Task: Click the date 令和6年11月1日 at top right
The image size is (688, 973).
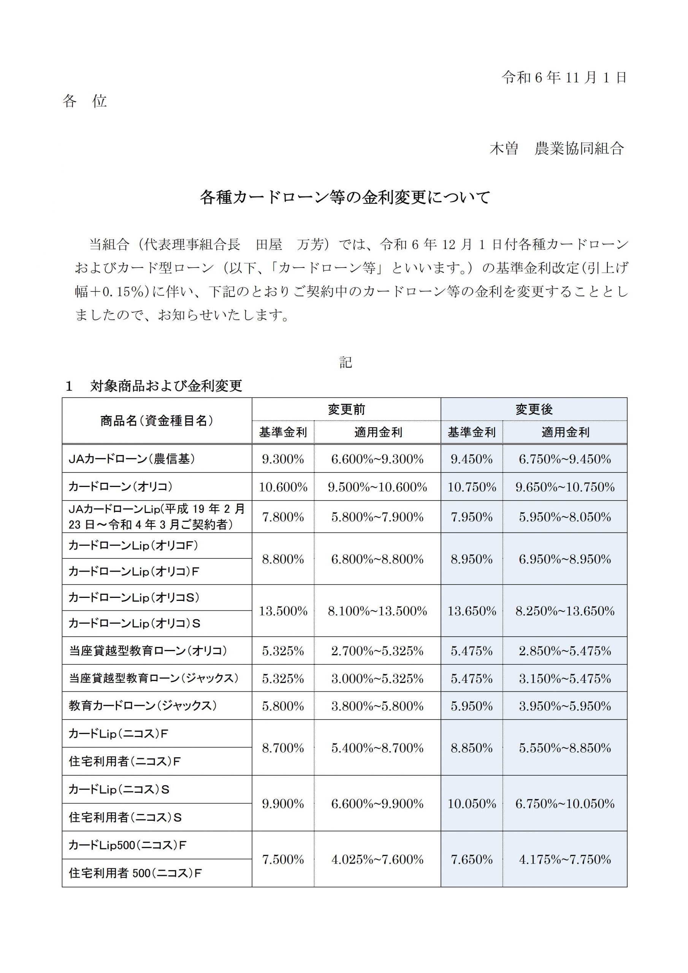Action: [564, 78]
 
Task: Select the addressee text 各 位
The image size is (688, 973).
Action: [84, 101]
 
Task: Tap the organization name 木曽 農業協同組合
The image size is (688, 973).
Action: [556, 149]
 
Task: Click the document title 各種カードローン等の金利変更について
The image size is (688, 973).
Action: [345, 198]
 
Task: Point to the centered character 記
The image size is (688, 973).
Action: [345, 362]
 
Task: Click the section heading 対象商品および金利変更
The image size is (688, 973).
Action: [166, 386]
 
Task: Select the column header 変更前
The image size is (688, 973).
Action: [346, 409]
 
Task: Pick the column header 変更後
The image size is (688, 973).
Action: [534, 409]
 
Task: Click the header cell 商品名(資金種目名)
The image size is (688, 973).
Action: [157, 420]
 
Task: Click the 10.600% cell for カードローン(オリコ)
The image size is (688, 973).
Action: [283, 487]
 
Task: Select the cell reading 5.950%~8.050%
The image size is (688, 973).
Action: [564, 517]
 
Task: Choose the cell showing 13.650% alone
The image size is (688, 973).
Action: [471, 611]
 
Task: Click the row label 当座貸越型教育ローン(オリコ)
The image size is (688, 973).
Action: [148, 650]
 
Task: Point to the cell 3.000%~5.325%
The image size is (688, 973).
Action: [377, 678]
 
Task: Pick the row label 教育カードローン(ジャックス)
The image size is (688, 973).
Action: [143, 705]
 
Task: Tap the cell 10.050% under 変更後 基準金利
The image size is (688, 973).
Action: [471, 803]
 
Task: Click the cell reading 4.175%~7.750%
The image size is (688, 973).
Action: [564, 859]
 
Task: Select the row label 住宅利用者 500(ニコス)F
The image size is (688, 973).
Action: [135, 873]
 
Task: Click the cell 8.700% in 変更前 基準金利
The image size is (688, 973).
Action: [283, 748]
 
